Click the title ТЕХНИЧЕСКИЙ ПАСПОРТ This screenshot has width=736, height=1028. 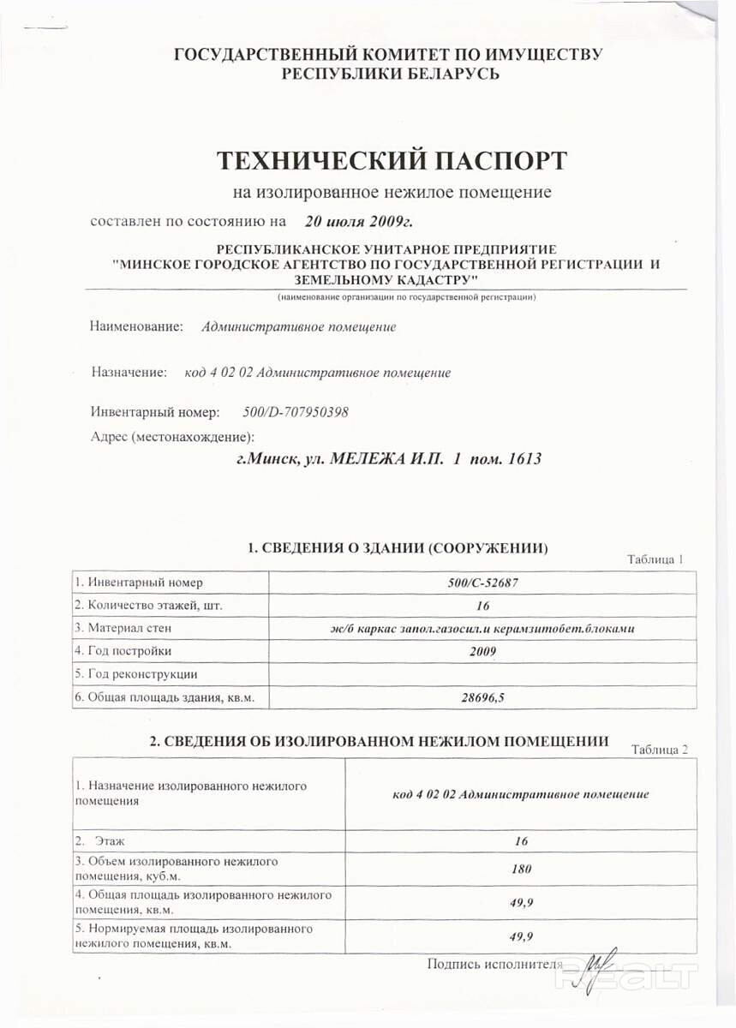(x=391, y=160)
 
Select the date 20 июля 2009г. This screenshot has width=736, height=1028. (x=358, y=222)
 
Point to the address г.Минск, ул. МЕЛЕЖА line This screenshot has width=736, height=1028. (x=389, y=458)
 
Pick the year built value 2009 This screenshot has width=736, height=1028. (x=482, y=651)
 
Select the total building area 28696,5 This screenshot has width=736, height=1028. (x=482, y=697)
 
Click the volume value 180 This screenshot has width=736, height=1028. (x=521, y=868)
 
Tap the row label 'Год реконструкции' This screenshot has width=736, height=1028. (x=136, y=674)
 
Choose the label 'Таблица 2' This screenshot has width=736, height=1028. (x=659, y=750)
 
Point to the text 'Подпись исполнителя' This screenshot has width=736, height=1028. (x=494, y=964)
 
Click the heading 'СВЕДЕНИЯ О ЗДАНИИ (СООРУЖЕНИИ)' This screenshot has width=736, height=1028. (x=397, y=547)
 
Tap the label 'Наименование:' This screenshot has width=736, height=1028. (x=137, y=326)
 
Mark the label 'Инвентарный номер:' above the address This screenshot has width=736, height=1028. (x=155, y=412)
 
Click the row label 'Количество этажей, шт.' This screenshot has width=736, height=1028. (x=148, y=605)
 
